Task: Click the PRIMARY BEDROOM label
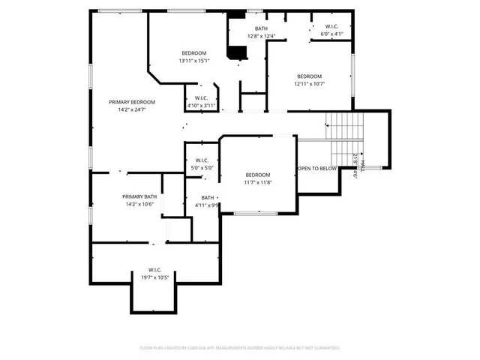[x=131, y=102]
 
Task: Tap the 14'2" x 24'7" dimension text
[x=131, y=109]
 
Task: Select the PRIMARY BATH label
[x=140, y=196]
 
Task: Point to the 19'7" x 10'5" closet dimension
[x=155, y=277]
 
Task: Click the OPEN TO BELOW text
[x=317, y=169]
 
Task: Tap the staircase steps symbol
[x=345, y=135]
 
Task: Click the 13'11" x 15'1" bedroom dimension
[x=193, y=61]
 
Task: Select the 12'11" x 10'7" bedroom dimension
[x=309, y=84]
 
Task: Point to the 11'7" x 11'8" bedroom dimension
[x=257, y=182]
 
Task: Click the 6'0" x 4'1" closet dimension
[x=331, y=34]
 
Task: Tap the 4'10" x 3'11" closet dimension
[x=201, y=105]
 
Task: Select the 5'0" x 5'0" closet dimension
[x=202, y=168]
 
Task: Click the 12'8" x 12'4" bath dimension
[x=260, y=36]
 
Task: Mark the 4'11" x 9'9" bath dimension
[x=206, y=205]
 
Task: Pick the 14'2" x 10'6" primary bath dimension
[x=140, y=204]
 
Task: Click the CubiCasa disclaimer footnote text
[x=240, y=348]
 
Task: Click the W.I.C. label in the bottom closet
[x=155, y=270]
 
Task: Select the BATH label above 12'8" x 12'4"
[x=260, y=28]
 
